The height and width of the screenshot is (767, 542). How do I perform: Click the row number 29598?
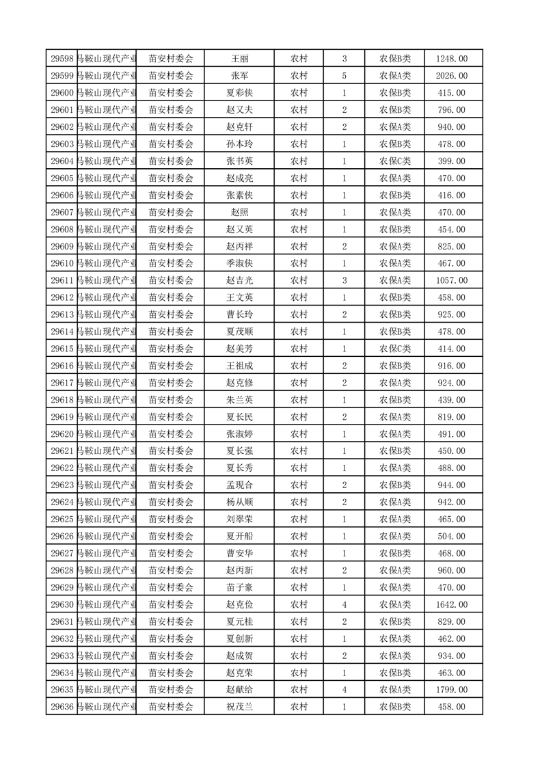point(63,59)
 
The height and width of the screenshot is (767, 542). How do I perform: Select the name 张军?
point(239,76)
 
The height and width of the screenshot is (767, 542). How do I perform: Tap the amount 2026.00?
point(452,76)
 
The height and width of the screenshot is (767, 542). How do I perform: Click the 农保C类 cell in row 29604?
point(395,161)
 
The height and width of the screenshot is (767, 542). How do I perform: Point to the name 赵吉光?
point(239,280)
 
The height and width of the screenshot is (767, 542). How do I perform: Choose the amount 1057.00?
point(452,280)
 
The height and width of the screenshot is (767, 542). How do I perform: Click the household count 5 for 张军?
point(344,76)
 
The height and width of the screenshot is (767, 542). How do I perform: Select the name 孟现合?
point(239,485)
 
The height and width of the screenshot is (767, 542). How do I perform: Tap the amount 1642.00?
point(452,604)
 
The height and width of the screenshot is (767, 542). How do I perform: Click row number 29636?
point(63,707)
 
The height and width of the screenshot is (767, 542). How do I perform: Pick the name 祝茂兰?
point(239,707)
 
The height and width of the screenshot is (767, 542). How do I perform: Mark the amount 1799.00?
point(452,690)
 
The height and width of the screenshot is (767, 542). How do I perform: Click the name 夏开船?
point(239,536)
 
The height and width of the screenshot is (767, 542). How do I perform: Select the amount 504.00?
point(452,536)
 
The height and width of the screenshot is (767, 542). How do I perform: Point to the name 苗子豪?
point(239,587)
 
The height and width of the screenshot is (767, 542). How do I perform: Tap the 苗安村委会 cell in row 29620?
point(171,434)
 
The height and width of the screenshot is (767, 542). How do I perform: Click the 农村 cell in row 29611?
point(299,280)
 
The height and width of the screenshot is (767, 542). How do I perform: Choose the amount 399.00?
point(452,161)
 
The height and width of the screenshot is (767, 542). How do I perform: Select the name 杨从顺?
point(239,502)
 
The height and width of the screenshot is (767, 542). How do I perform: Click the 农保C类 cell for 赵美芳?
point(395,349)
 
